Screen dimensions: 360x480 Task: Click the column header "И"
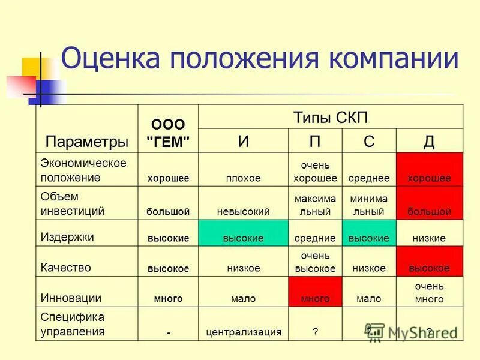tap(243, 141)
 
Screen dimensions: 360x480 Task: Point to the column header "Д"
tap(429, 142)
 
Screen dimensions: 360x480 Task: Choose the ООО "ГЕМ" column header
tap(168, 133)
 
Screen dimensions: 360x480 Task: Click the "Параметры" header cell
tap(87, 142)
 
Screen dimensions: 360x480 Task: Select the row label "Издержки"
tap(67, 236)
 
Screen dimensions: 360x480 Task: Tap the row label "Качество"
tap(66, 268)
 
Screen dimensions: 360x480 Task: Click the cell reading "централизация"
tap(243, 331)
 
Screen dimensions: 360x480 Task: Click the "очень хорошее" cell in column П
tap(315, 171)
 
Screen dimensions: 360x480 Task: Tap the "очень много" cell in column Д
tap(429, 292)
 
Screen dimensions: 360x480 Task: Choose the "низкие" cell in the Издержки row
tap(429, 238)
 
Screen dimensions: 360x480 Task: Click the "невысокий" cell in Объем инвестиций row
tap(243, 211)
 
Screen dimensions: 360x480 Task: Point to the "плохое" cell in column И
tap(243, 178)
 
